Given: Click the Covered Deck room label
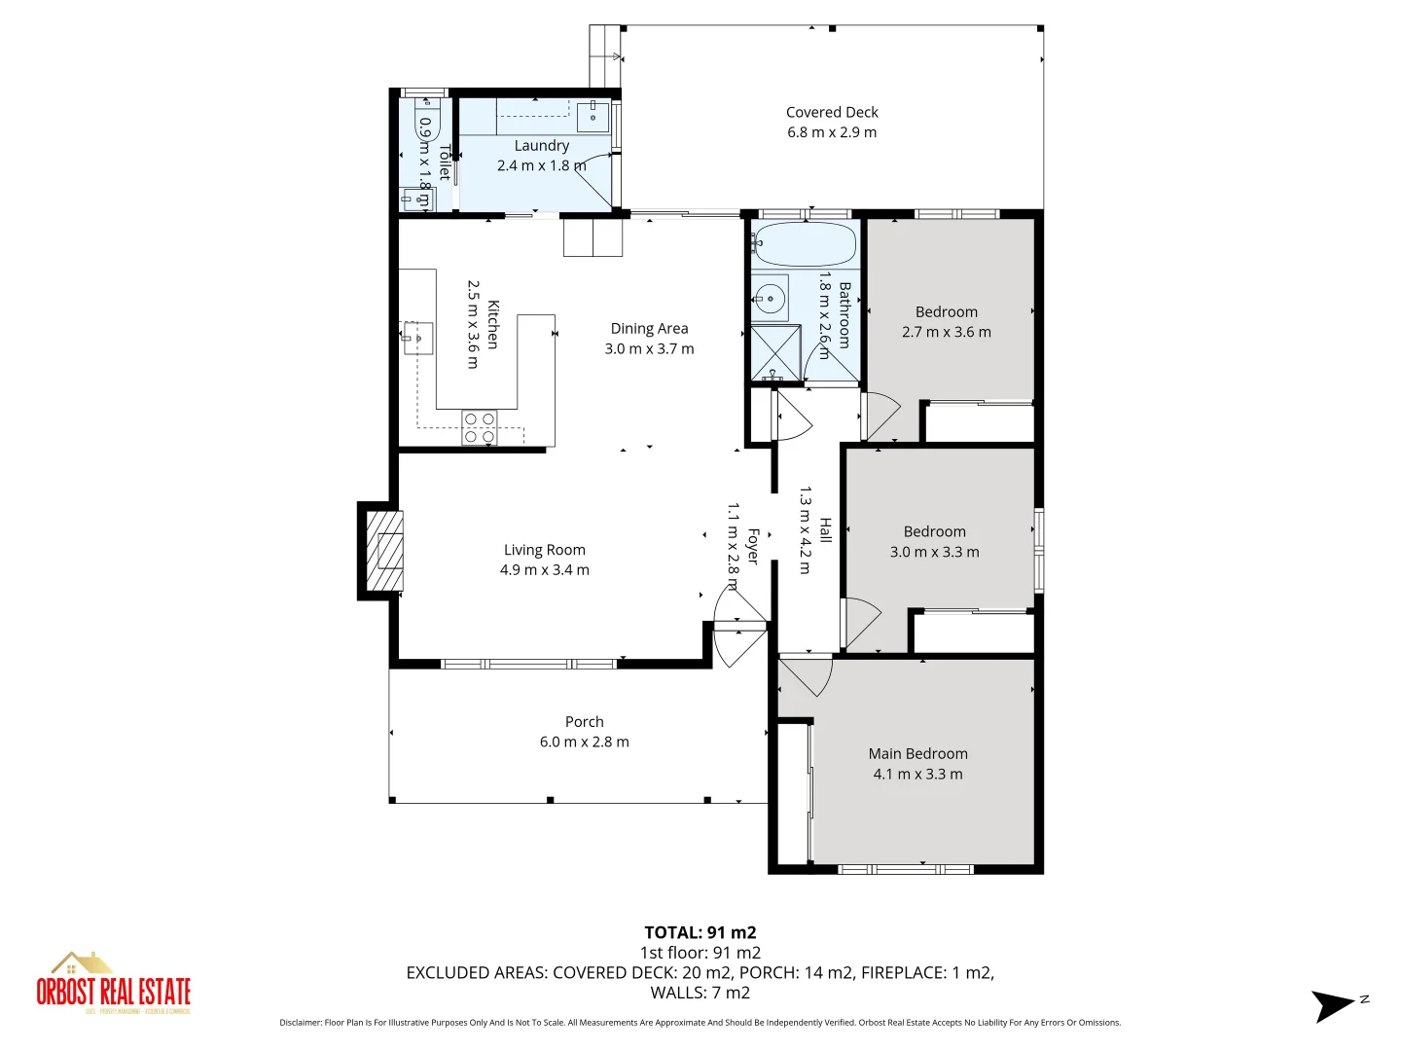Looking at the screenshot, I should [832, 112].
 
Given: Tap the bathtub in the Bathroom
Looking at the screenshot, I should [805, 243].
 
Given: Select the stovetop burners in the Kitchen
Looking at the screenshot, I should [479, 428].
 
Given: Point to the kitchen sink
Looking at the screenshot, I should [418, 338].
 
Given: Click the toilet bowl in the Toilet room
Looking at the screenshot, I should [427, 123].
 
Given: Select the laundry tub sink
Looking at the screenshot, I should [593, 117].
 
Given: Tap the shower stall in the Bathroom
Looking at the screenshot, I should [774, 353].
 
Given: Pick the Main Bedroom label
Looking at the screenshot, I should [917, 753].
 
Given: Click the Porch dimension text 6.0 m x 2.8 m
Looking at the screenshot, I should [584, 742].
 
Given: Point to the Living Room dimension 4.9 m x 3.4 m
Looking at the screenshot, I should [544, 570].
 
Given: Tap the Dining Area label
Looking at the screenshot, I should [649, 328].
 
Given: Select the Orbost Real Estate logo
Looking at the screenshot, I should [114, 984].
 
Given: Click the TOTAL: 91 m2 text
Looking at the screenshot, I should [700, 932].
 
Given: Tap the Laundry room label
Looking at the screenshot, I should [541, 145].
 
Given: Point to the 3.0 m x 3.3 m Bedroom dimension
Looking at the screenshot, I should [934, 552].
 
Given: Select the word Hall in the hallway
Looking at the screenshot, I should [825, 530].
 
